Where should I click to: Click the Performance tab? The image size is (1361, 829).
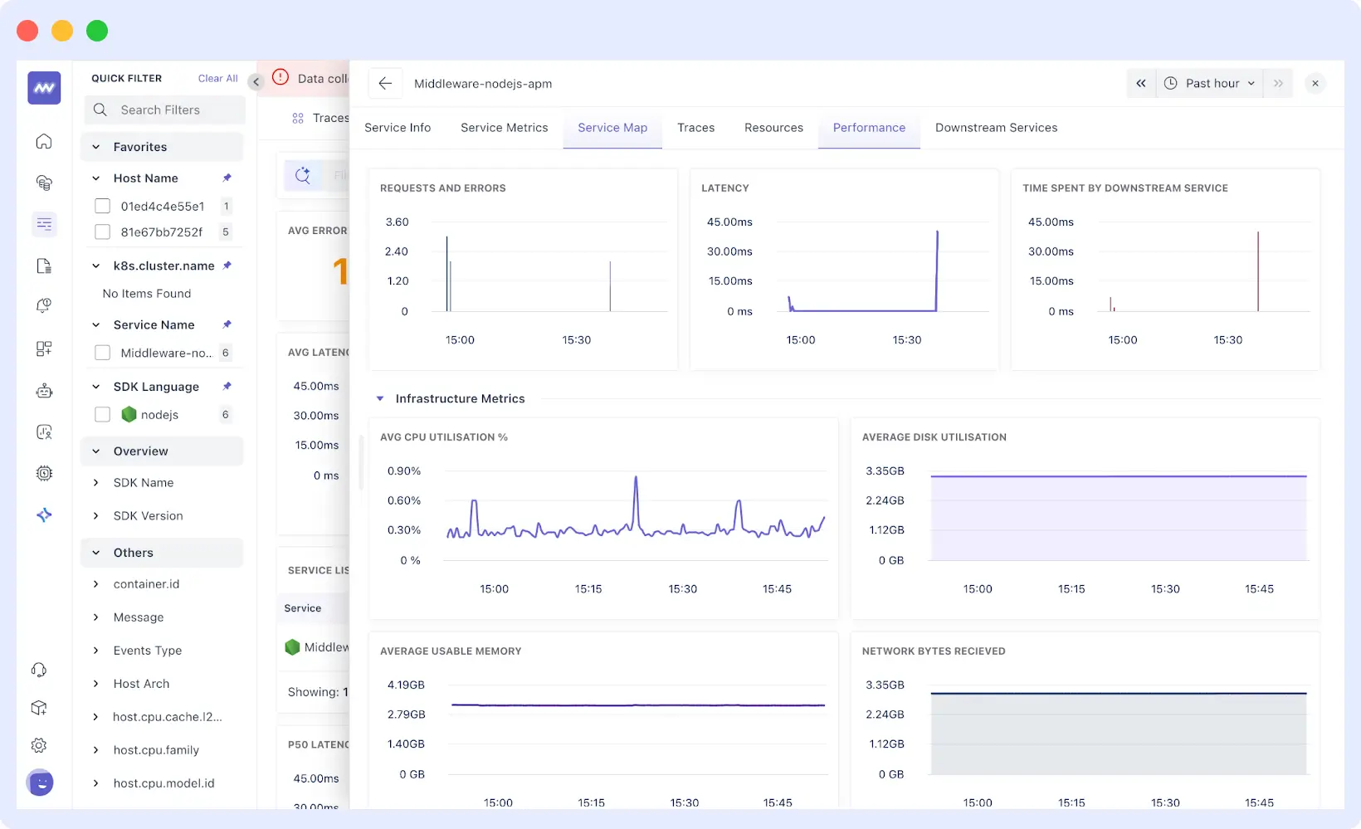869,128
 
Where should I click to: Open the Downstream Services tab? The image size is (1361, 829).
996,128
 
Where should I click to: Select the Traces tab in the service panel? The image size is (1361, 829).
695,128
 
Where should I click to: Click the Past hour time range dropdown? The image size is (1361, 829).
1210,83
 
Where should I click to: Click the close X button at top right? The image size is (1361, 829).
1315,83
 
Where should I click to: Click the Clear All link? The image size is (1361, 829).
217,78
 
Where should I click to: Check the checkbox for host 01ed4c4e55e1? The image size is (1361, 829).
103,206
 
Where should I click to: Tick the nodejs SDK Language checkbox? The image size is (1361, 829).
103,414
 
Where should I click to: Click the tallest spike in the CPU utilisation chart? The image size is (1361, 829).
636,479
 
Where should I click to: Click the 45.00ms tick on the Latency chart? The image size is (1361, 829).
729,222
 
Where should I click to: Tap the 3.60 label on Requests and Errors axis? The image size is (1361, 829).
397,222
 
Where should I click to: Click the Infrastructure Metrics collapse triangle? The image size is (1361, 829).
380,399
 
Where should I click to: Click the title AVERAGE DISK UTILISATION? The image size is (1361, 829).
934,437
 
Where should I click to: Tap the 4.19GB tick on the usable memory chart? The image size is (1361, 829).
406,685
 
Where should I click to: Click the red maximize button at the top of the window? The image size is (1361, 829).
27,31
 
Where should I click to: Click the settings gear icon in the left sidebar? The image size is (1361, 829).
39,745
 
